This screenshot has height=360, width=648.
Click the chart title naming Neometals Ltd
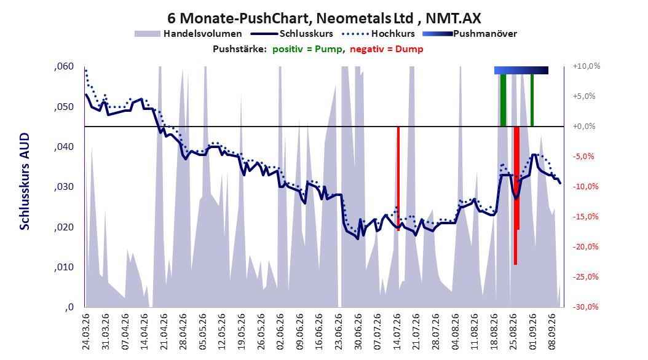[324, 18]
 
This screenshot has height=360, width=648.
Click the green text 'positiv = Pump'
[307, 49]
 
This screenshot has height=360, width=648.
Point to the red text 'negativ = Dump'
[387, 49]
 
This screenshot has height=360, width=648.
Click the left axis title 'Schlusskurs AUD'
[25, 181]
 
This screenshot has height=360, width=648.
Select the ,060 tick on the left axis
[64, 66]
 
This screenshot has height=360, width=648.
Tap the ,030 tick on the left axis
[64, 187]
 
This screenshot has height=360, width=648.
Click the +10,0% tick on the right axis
[587, 66]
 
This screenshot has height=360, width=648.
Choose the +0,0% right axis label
[584, 127]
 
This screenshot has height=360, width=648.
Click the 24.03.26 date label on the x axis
[86, 332]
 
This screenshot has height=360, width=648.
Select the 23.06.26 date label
[339, 332]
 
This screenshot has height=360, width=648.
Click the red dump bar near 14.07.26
[398, 178]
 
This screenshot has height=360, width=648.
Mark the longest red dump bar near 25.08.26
[515, 195]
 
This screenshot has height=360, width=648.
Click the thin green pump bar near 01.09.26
[532, 100]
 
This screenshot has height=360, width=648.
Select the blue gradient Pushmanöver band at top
[521, 70]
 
